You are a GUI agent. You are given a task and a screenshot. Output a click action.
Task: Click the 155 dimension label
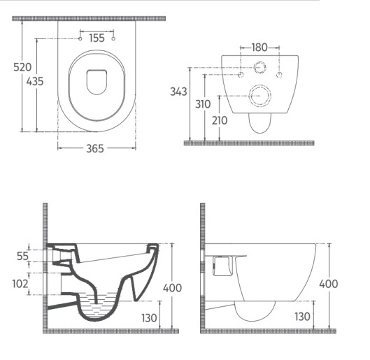tap(97, 38)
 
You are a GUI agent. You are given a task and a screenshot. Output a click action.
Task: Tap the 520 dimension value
tap(22, 67)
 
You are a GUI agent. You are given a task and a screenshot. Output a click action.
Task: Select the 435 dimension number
tap(35, 81)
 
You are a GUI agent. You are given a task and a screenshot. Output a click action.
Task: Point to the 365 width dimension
tap(95, 148)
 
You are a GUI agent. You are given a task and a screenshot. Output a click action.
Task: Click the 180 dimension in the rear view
tap(259, 48)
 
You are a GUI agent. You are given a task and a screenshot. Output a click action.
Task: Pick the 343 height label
tap(178, 92)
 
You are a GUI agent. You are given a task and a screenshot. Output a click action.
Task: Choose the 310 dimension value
tap(203, 104)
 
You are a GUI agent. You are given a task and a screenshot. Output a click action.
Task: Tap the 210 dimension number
tap(220, 120)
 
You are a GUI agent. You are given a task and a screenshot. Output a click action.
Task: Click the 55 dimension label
tap(22, 256)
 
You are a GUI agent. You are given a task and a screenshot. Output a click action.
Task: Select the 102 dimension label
tap(20, 284)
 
